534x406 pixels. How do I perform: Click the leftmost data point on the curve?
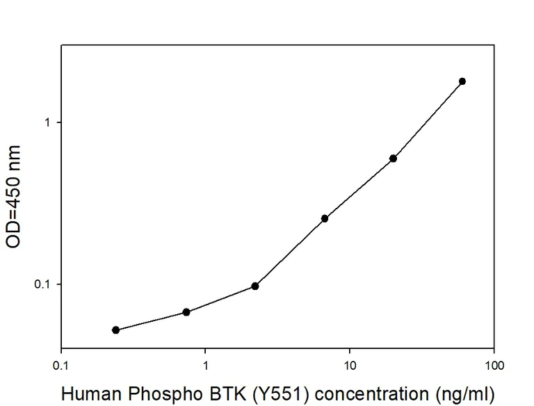click(115, 330)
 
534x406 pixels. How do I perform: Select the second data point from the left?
click(186, 312)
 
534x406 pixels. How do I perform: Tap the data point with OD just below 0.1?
click(255, 286)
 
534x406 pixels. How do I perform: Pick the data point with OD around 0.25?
click(324, 218)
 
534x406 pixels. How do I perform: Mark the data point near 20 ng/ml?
click(393, 159)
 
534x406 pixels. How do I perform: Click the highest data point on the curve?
click(462, 81)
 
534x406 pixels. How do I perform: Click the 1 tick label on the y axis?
click(49, 122)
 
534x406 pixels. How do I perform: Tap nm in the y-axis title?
click(13, 159)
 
